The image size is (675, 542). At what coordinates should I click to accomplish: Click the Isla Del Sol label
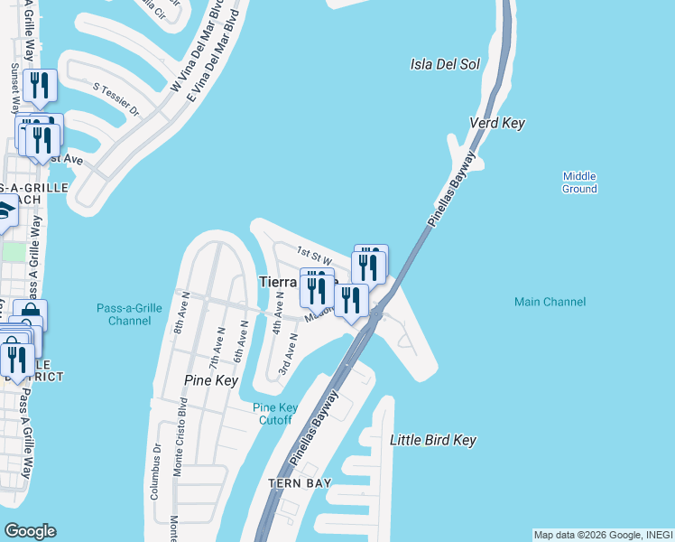(445, 64)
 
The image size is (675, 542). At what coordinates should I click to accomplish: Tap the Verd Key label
(496, 123)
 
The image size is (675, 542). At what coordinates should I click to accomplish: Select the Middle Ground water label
(579, 182)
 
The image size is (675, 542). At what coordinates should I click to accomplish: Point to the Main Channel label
(550, 302)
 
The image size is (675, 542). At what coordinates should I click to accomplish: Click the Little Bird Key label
(432, 440)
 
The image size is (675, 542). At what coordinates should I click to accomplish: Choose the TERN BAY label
(300, 484)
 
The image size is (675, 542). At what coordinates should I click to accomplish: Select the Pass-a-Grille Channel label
(129, 314)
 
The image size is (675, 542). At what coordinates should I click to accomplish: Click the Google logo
(30, 531)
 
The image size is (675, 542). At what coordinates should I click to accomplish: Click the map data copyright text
(602, 535)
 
